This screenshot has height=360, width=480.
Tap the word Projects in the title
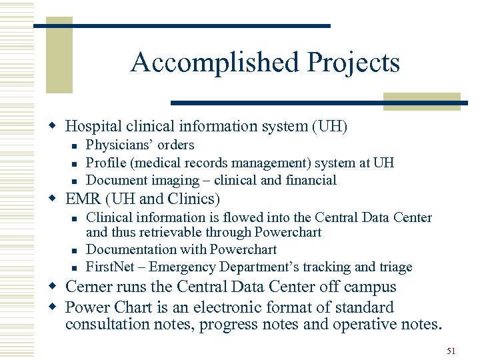pos(353,63)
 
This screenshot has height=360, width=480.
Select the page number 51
pos(451,350)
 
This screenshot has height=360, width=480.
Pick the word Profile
pos(105,163)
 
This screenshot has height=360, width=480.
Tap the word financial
pos(311,180)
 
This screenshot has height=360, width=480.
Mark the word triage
pos(395,267)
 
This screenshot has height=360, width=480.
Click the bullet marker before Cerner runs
pos(57,287)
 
